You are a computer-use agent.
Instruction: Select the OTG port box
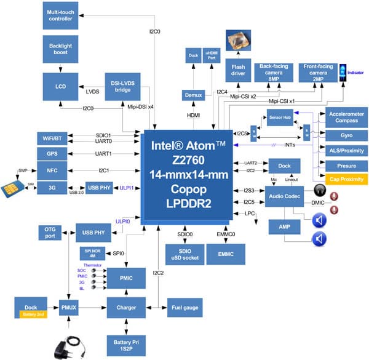tap(50, 232)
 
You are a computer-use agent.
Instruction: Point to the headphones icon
tap(320, 190)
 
